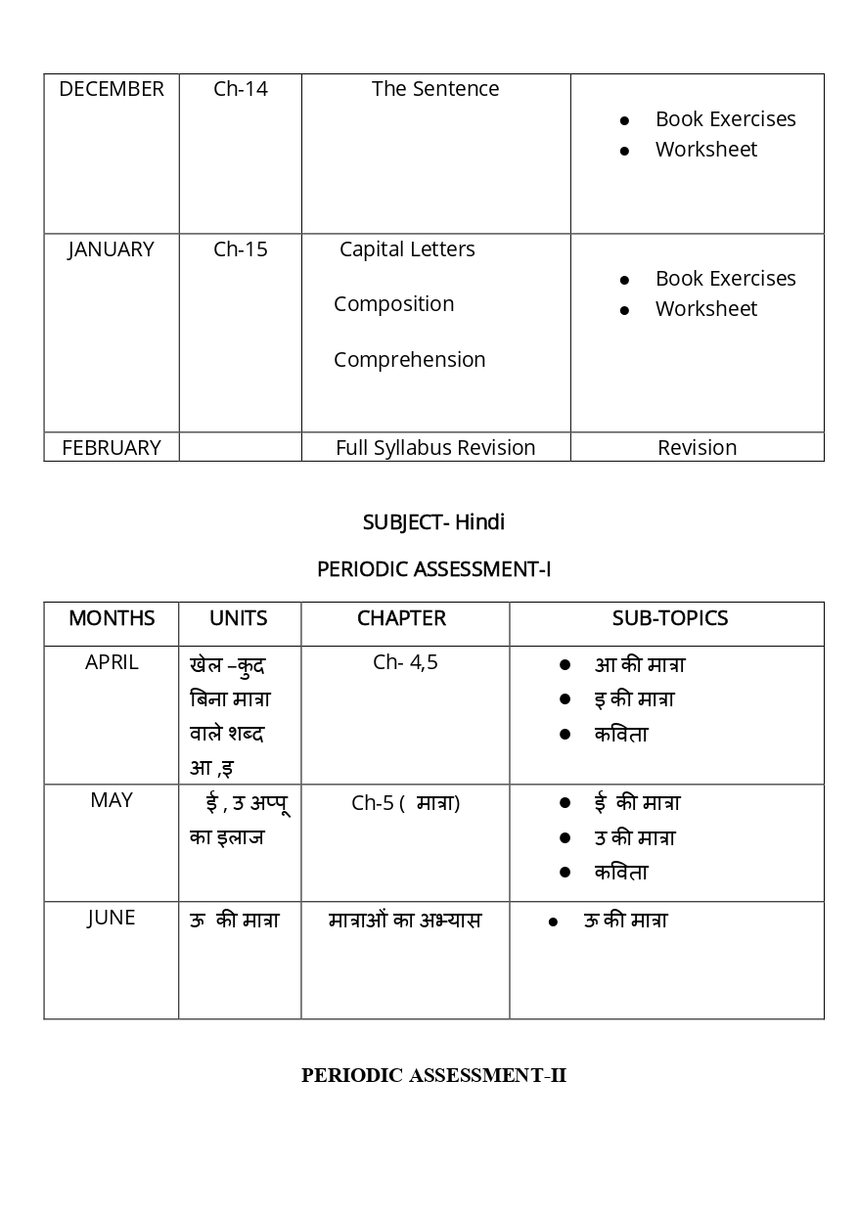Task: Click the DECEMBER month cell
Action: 112,89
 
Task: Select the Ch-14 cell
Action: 240,89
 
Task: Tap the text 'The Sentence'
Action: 435,89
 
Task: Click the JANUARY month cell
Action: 112,249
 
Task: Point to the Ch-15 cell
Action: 240,249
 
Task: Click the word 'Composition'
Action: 393,304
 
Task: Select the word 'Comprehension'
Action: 409,360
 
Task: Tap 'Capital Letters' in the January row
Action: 407,249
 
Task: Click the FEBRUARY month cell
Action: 112,448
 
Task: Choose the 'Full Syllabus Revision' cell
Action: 435,448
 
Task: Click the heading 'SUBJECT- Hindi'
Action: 433,522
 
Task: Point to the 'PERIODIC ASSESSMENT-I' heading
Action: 433,569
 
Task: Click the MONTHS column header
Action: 112,618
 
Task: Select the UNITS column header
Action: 239,618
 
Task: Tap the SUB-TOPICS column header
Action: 669,618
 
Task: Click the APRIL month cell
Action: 112,662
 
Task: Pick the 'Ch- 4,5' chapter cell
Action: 405,662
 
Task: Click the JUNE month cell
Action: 112,918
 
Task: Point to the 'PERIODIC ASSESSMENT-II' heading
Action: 433,1076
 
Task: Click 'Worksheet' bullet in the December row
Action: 705,150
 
